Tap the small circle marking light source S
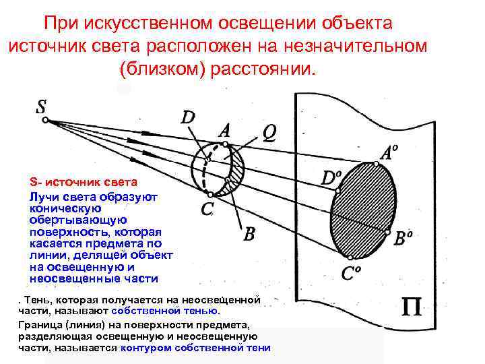[44, 121]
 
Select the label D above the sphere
[188, 117]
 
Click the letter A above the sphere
[224, 129]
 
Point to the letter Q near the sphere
[268, 133]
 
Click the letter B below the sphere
[249, 234]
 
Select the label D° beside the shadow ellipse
[331, 178]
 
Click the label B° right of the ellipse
[403, 239]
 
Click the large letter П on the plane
[412, 308]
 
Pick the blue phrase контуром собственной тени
[195, 348]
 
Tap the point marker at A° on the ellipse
[376, 163]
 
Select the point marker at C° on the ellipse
[350, 257]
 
